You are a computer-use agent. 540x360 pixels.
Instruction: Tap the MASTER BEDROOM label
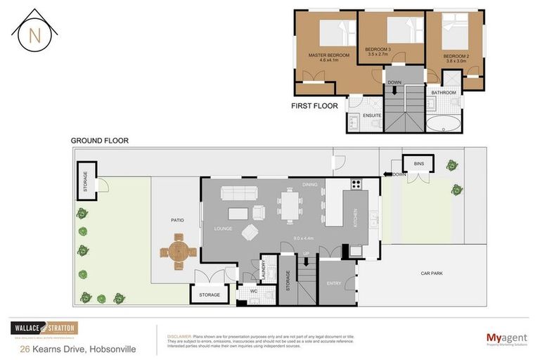(323, 54)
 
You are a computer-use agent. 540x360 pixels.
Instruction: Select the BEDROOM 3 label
(378, 49)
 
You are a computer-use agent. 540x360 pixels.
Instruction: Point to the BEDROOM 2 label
(456, 56)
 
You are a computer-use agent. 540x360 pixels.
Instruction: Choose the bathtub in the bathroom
(444, 125)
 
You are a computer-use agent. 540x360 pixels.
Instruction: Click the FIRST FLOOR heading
(314, 106)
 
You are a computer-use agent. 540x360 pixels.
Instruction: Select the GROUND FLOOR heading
(99, 141)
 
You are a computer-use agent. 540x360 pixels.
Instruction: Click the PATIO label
(177, 220)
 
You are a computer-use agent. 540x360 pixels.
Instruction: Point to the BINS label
(419, 163)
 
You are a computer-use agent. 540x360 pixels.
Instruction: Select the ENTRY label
(334, 283)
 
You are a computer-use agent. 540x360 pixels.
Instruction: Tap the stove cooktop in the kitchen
(356, 186)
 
